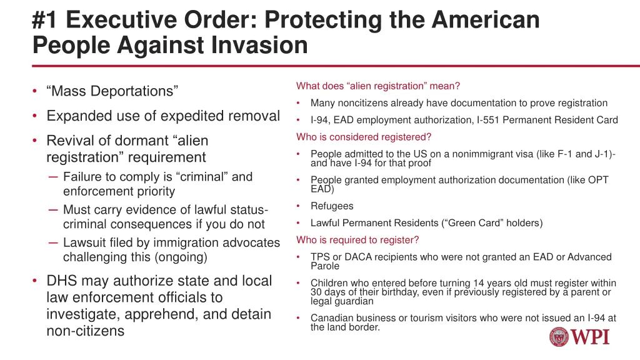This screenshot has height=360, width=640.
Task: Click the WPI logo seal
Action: coord(560,337)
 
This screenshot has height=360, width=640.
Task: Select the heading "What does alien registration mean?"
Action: coord(378,86)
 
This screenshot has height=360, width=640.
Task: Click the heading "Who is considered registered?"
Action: coord(364,137)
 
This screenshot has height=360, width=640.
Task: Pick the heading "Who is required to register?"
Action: coord(357,240)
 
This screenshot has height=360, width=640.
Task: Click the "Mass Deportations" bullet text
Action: coord(112,91)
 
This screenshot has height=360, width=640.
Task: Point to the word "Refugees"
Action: coord(332,206)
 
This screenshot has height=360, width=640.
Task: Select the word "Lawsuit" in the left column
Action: coord(84,242)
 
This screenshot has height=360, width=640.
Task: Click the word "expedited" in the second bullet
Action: coord(190,116)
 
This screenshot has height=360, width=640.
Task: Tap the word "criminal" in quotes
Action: coord(199,177)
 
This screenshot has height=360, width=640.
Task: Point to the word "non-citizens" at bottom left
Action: coord(85,331)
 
